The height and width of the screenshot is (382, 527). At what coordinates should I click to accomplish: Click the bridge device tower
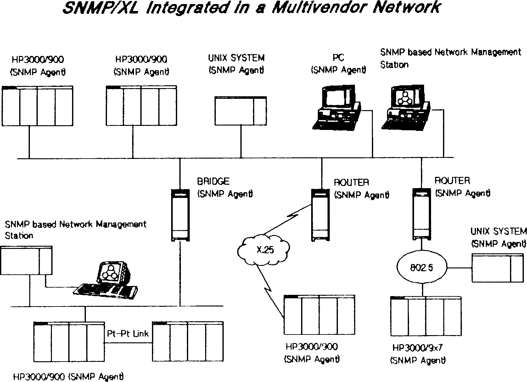tap(180, 215)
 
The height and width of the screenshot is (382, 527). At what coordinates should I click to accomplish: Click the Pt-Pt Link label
tap(128, 334)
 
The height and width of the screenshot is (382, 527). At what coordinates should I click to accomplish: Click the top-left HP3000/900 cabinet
tap(37, 106)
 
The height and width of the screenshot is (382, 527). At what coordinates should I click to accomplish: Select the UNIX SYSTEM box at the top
tap(241, 111)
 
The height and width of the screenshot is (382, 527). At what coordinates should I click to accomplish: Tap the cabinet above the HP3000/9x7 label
tap(426, 316)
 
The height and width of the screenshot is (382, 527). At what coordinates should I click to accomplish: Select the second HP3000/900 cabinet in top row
tap(141, 106)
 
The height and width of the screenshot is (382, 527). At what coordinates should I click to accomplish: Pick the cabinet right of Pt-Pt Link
tap(188, 341)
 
